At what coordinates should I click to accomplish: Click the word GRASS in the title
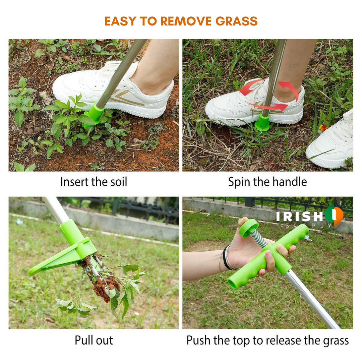pos(236,21)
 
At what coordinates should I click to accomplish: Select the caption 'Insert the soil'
pos(94,182)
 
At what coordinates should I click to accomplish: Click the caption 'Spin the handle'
pos(267,182)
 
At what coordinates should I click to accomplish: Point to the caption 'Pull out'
pos(94,340)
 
